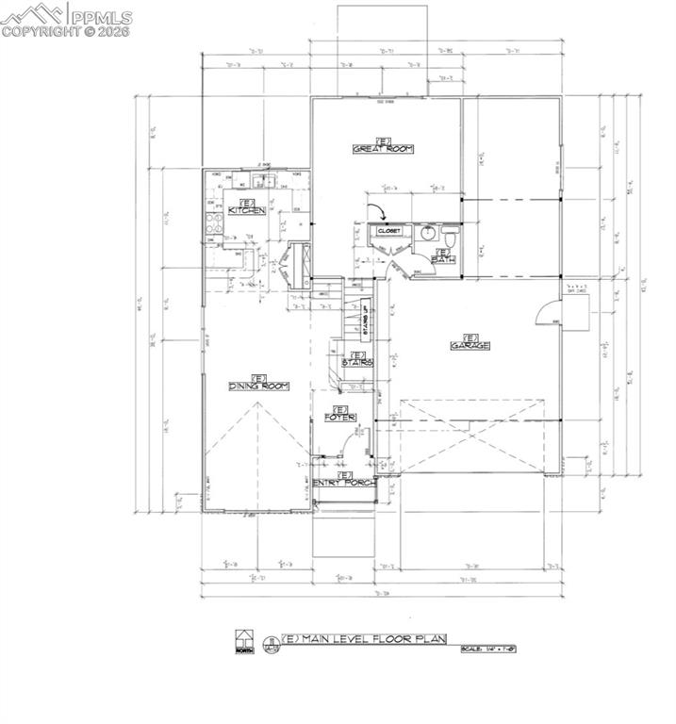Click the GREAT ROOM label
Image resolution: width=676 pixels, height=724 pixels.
click(x=383, y=148)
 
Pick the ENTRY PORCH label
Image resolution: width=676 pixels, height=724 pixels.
click(x=344, y=482)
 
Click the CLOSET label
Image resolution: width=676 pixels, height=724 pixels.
click(x=389, y=231)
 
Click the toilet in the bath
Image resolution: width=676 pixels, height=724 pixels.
click(x=451, y=232)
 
